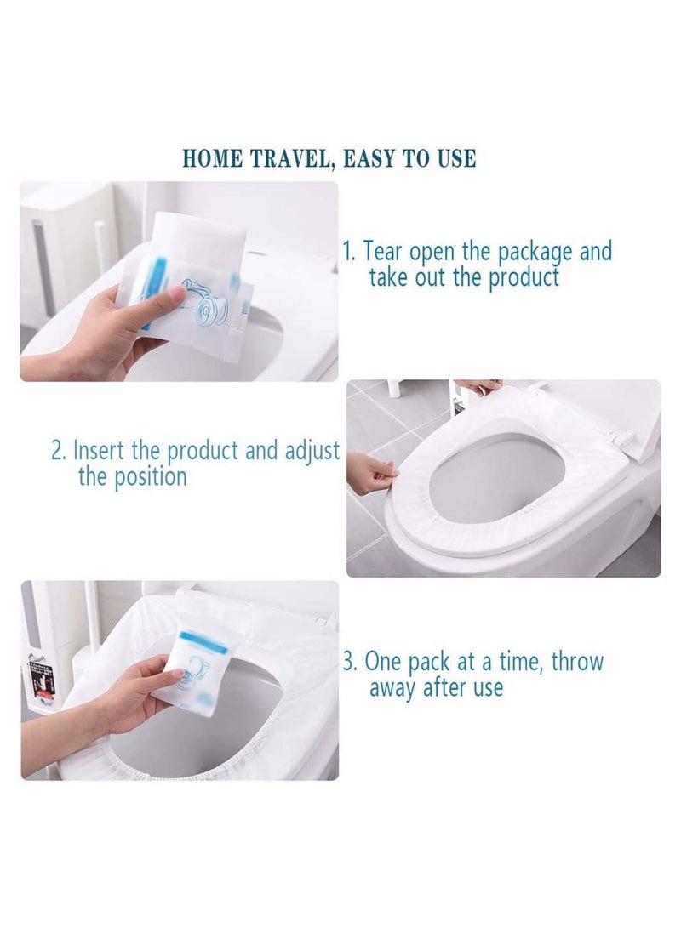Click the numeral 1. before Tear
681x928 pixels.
tap(350, 252)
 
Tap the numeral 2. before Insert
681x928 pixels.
tap(59, 450)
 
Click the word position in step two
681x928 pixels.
tap(146, 476)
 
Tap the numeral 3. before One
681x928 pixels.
tap(351, 661)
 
